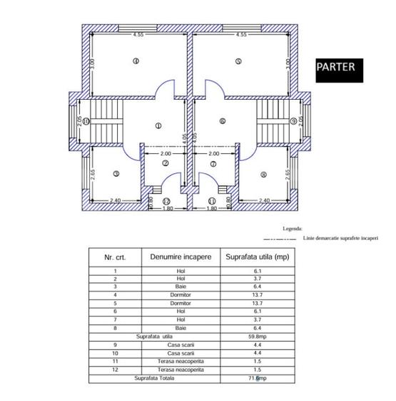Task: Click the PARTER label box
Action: coord(340,69)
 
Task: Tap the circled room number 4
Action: coord(135,63)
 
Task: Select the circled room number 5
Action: coord(238,63)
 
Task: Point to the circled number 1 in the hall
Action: coord(158,125)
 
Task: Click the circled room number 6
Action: coord(223,122)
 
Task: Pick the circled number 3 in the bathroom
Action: coord(116,173)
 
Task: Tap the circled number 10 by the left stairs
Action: coord(86,122)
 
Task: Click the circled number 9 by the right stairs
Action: coord(293,122)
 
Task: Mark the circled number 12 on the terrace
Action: coord(166,202)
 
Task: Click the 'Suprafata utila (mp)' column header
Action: coord(257,256)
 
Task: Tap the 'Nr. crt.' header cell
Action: coord(115,257)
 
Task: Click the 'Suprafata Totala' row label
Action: coord(154,377)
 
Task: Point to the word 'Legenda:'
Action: coord(293,229)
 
